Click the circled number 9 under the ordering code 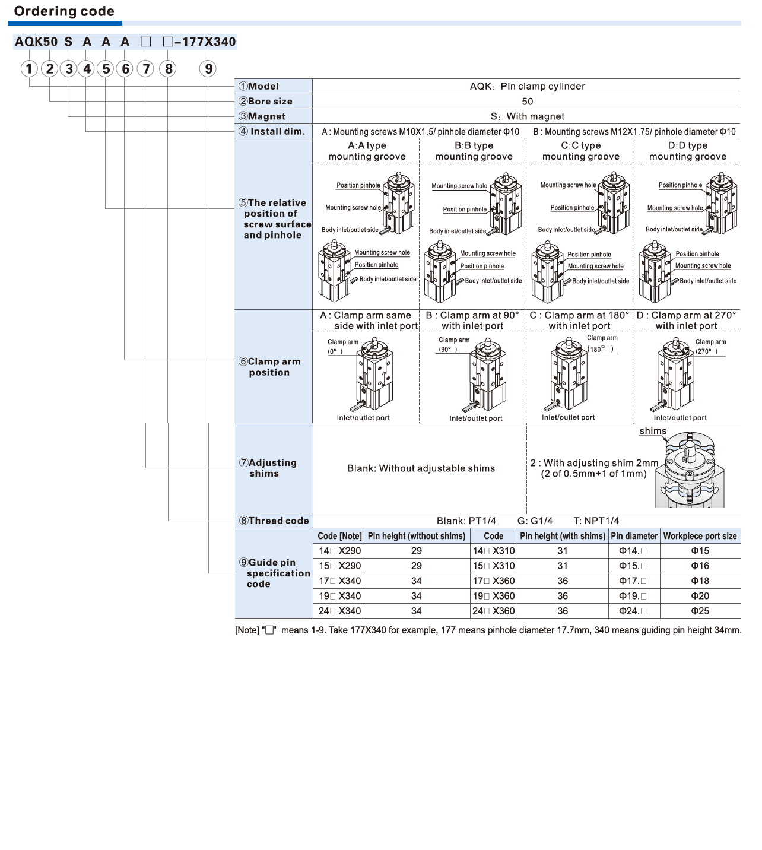[208, 69]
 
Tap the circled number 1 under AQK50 [29, 69]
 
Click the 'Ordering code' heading [64, 11]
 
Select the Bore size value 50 [527, 102]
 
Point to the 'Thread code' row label [274, 521]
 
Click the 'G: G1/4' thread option [535, 521]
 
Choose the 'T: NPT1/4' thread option [596, 521]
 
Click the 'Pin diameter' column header [634, 536]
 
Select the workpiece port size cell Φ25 [700, 611]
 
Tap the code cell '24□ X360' [493, 611]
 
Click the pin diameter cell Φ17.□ [633, 581]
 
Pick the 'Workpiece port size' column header [700, 536]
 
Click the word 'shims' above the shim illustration [653, 431]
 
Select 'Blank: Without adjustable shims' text [421, 468]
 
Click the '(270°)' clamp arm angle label [706, 351]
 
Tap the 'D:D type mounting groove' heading [687, 151]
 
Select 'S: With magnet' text [527, 116]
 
